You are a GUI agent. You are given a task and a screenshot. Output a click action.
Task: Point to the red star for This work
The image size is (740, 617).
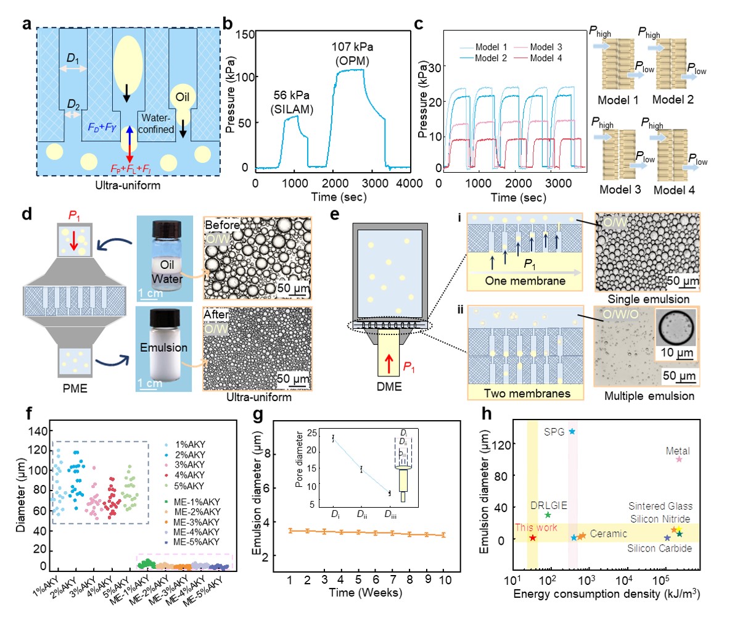[x=533, y=538]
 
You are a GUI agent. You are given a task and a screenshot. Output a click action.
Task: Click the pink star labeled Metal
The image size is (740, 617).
[x=679, y=459]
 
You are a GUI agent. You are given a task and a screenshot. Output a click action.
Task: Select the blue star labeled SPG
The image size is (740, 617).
[x=572, y=431]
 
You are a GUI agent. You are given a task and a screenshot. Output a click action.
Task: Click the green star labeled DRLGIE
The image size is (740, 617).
[x=548, y=515]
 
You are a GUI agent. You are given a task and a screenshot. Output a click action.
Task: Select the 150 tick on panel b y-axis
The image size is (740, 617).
[x=245, y=36]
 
